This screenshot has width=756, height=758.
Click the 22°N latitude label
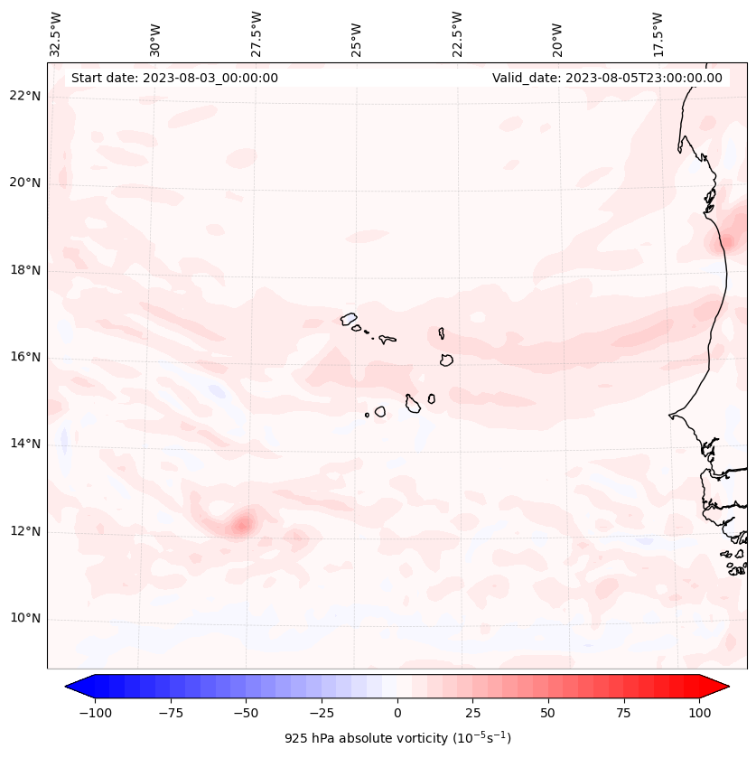(26, 97)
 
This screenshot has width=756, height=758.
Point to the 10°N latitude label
(26, 619)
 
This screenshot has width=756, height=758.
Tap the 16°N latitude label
(26, 358)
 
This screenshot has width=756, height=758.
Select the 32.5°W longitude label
(57, 33)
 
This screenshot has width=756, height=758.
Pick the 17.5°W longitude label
(658, 33)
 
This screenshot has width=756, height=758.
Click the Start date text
(174, 78)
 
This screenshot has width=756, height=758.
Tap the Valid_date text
(607, 78)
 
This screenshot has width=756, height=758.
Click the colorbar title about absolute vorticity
(397, 738)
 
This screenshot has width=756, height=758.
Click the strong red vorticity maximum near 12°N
(241, 524)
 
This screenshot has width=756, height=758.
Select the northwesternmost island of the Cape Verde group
(349, 319)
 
